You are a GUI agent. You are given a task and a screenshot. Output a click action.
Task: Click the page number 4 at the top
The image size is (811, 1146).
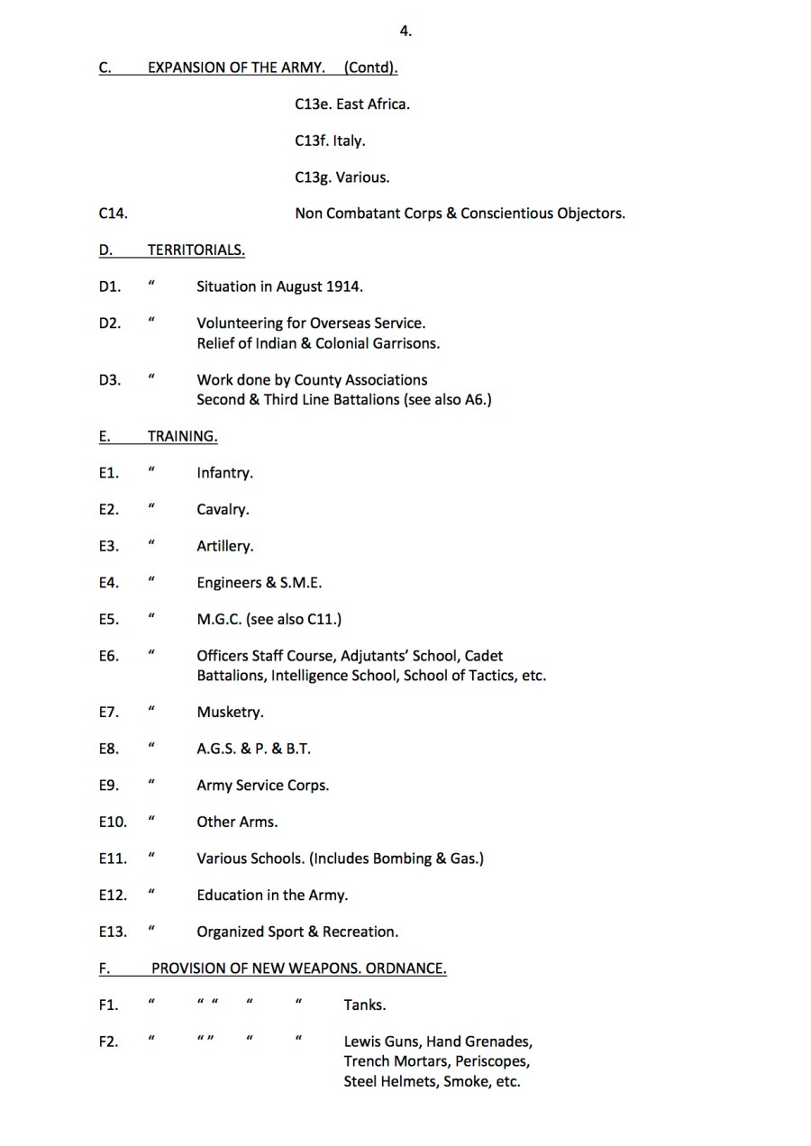[405, 32]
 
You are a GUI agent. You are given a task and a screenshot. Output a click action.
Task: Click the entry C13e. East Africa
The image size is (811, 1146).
[352, 105]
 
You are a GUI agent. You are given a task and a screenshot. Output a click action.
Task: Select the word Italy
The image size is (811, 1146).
[350, 141]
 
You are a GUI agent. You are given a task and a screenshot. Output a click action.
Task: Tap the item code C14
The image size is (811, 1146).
[113, 214]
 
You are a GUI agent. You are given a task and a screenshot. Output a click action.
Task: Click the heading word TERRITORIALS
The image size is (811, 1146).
[196, 250]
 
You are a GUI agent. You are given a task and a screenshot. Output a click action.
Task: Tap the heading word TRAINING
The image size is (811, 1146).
[182, 436]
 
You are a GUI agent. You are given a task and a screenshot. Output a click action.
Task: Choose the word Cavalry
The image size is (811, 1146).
[223, 510]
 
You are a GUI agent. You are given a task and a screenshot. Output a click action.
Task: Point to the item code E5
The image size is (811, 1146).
[108, 620]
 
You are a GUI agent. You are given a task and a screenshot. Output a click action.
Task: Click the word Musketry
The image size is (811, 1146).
[230, 713]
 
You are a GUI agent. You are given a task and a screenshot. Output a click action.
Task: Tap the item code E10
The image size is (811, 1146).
[113, 823]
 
